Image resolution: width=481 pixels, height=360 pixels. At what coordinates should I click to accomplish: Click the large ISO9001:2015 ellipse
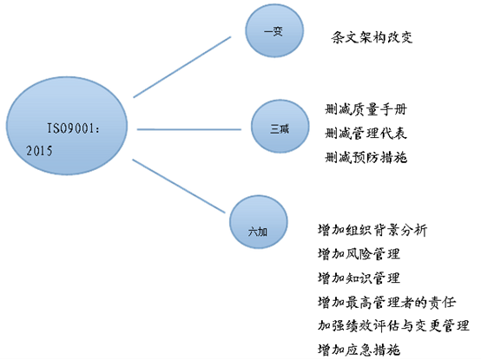(x=67, y=126)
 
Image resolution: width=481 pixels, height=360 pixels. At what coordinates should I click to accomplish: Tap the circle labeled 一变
(x=274, y=30)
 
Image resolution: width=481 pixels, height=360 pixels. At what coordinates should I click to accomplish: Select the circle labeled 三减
(x=280, y=127)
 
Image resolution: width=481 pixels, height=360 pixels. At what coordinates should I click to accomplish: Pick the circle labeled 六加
(x=259, y=222)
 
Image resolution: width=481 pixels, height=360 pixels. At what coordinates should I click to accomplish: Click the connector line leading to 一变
(x=182, y=67)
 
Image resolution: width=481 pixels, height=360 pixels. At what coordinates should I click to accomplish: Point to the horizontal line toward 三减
(x=189, y=129)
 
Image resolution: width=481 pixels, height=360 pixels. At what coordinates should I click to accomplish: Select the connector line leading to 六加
(x=179, y=186)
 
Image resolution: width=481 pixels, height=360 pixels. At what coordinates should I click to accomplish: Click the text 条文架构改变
(x=372, y=37)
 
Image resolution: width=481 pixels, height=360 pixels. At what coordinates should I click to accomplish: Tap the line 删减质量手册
(x=366, y=109)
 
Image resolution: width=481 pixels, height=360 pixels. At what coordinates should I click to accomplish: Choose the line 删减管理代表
(x=366, y=134)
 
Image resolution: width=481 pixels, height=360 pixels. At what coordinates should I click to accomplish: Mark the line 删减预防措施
(x=366, y=158)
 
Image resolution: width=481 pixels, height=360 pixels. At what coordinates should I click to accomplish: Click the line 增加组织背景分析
(x=372, y=230)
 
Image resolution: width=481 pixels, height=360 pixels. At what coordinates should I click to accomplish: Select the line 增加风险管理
(x=359, y=254)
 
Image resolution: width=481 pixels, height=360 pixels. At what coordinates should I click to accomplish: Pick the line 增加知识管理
(x=359, y=278)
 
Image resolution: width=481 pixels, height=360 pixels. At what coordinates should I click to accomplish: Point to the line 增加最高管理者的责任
(x=386, y=302)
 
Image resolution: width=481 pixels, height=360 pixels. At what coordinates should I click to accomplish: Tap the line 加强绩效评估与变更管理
(x=393, y=325)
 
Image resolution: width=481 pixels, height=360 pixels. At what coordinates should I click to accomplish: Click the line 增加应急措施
(x=359, y=350)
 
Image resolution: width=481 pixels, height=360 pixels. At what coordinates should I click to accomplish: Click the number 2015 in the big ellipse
(x=39, y=151)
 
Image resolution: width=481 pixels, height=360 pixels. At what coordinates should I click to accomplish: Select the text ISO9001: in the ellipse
(x=73, y=128)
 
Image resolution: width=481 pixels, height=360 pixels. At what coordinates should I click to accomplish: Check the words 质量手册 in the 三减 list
(x=379, y=109)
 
